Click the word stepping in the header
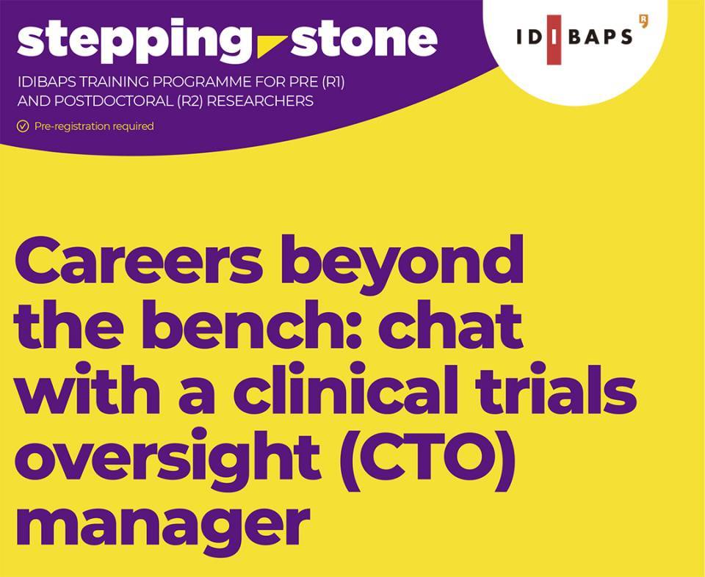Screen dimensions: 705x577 click(134, 40)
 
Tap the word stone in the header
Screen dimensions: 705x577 click(364, 39)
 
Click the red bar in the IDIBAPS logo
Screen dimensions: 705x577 click(554, 40)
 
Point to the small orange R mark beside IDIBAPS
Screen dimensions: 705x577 click(644, 21)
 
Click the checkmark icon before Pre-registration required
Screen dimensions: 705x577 click(23, 126)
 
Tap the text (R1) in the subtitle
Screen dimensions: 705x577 click(333, 83)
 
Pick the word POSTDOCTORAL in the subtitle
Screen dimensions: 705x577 click(113, 101)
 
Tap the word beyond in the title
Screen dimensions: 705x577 click(402, 265)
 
